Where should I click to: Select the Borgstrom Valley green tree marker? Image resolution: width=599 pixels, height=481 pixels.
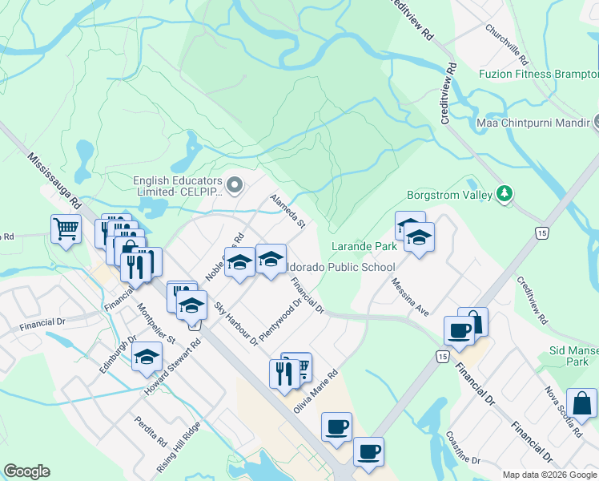click(x=505, y=193)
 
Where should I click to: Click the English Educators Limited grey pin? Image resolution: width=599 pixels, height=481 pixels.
click(x=234, y=186)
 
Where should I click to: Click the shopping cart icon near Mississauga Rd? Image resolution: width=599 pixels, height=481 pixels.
click(x=66, y=229)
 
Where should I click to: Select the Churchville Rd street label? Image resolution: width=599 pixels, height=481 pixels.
click(x=507, y=44)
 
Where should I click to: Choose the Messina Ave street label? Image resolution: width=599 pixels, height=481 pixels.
click(x=410, y=296)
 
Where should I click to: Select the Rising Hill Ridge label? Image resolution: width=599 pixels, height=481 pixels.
click(x=188, y=447)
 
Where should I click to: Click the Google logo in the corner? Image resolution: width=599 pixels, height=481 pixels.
click(x=26, y=471)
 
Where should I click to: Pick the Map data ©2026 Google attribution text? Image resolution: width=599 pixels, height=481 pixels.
click(x=549, y=475)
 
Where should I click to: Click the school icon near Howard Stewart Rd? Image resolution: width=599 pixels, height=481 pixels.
click(x=147, y=356)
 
